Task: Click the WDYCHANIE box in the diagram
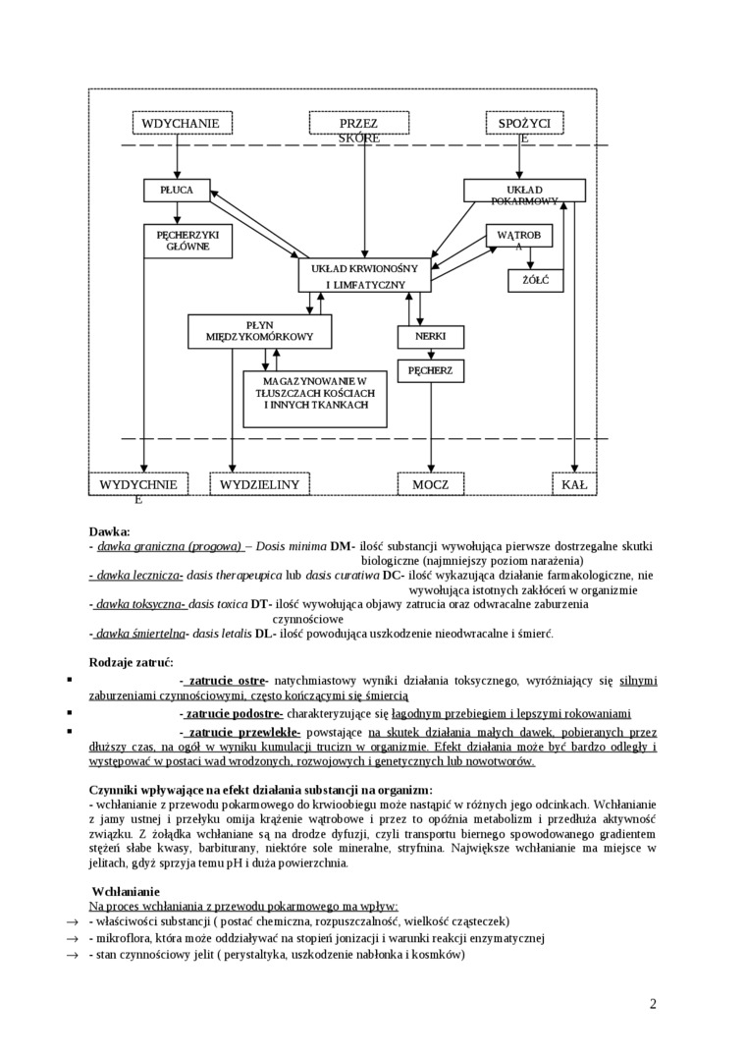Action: pyautogui.click(x=186, y=123)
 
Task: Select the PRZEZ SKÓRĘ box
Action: pyautogui.click(x=358, y=124)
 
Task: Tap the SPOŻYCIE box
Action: pyautogui.click(x=523, y=124)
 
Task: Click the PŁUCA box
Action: pyautogui.click(x=177, y=190)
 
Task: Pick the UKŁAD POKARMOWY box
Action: pyautogui.click(x=524, y=191)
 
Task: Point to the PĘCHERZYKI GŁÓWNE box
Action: pyautogui.click(x=187, y=241)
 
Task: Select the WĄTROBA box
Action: pyautogui.click(x=519, y=237)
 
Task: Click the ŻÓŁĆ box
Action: pyautogui.click(x=535, y=280)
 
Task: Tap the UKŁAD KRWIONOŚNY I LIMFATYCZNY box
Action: pyautogui.click(x=364, y=275)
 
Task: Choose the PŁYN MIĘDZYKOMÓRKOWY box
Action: pyautogui.click(x=259, y=331)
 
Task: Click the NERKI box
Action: pyautogui.click(x=430, y=336)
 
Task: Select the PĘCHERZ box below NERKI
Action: pyautogui.click(x=430, y=370)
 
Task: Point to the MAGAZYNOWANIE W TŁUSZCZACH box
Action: pyautogui.click(x=315, y=398)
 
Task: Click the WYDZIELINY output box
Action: pyautogui.click(x=259, y=484)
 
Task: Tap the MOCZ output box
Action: pyautogui.click(x=430, y=484)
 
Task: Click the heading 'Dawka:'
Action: pyautogui.click(x=109, y=530)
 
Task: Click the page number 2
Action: pyautogui.click(x=653, y=1003)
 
